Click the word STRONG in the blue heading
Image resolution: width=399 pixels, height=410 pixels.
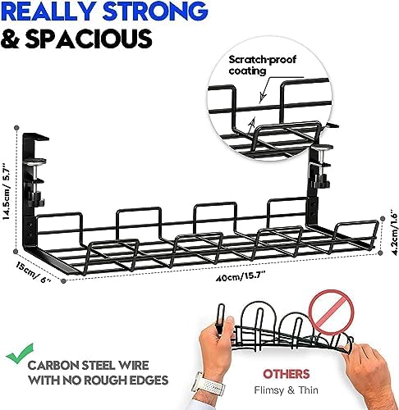point(155,11)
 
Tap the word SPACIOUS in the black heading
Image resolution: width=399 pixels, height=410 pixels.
point(89,39)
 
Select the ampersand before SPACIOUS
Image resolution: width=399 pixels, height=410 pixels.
point(11,39)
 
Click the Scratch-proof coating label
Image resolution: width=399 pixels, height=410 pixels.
point(262,65)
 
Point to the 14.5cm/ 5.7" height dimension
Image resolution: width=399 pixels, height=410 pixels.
point(7,192)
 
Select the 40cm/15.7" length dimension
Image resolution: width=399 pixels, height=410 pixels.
point(241,277)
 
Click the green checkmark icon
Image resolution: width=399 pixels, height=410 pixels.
point(20,353)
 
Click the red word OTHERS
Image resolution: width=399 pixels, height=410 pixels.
point(287,374)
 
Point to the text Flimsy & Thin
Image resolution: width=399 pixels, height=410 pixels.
point(287,390)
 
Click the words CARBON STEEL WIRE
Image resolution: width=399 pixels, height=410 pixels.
point(88,365)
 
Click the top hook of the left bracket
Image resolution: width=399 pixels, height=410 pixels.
point(36,137)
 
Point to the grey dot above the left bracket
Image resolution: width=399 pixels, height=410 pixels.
point(17,128)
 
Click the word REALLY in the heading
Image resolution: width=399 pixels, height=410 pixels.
point(50,11)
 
